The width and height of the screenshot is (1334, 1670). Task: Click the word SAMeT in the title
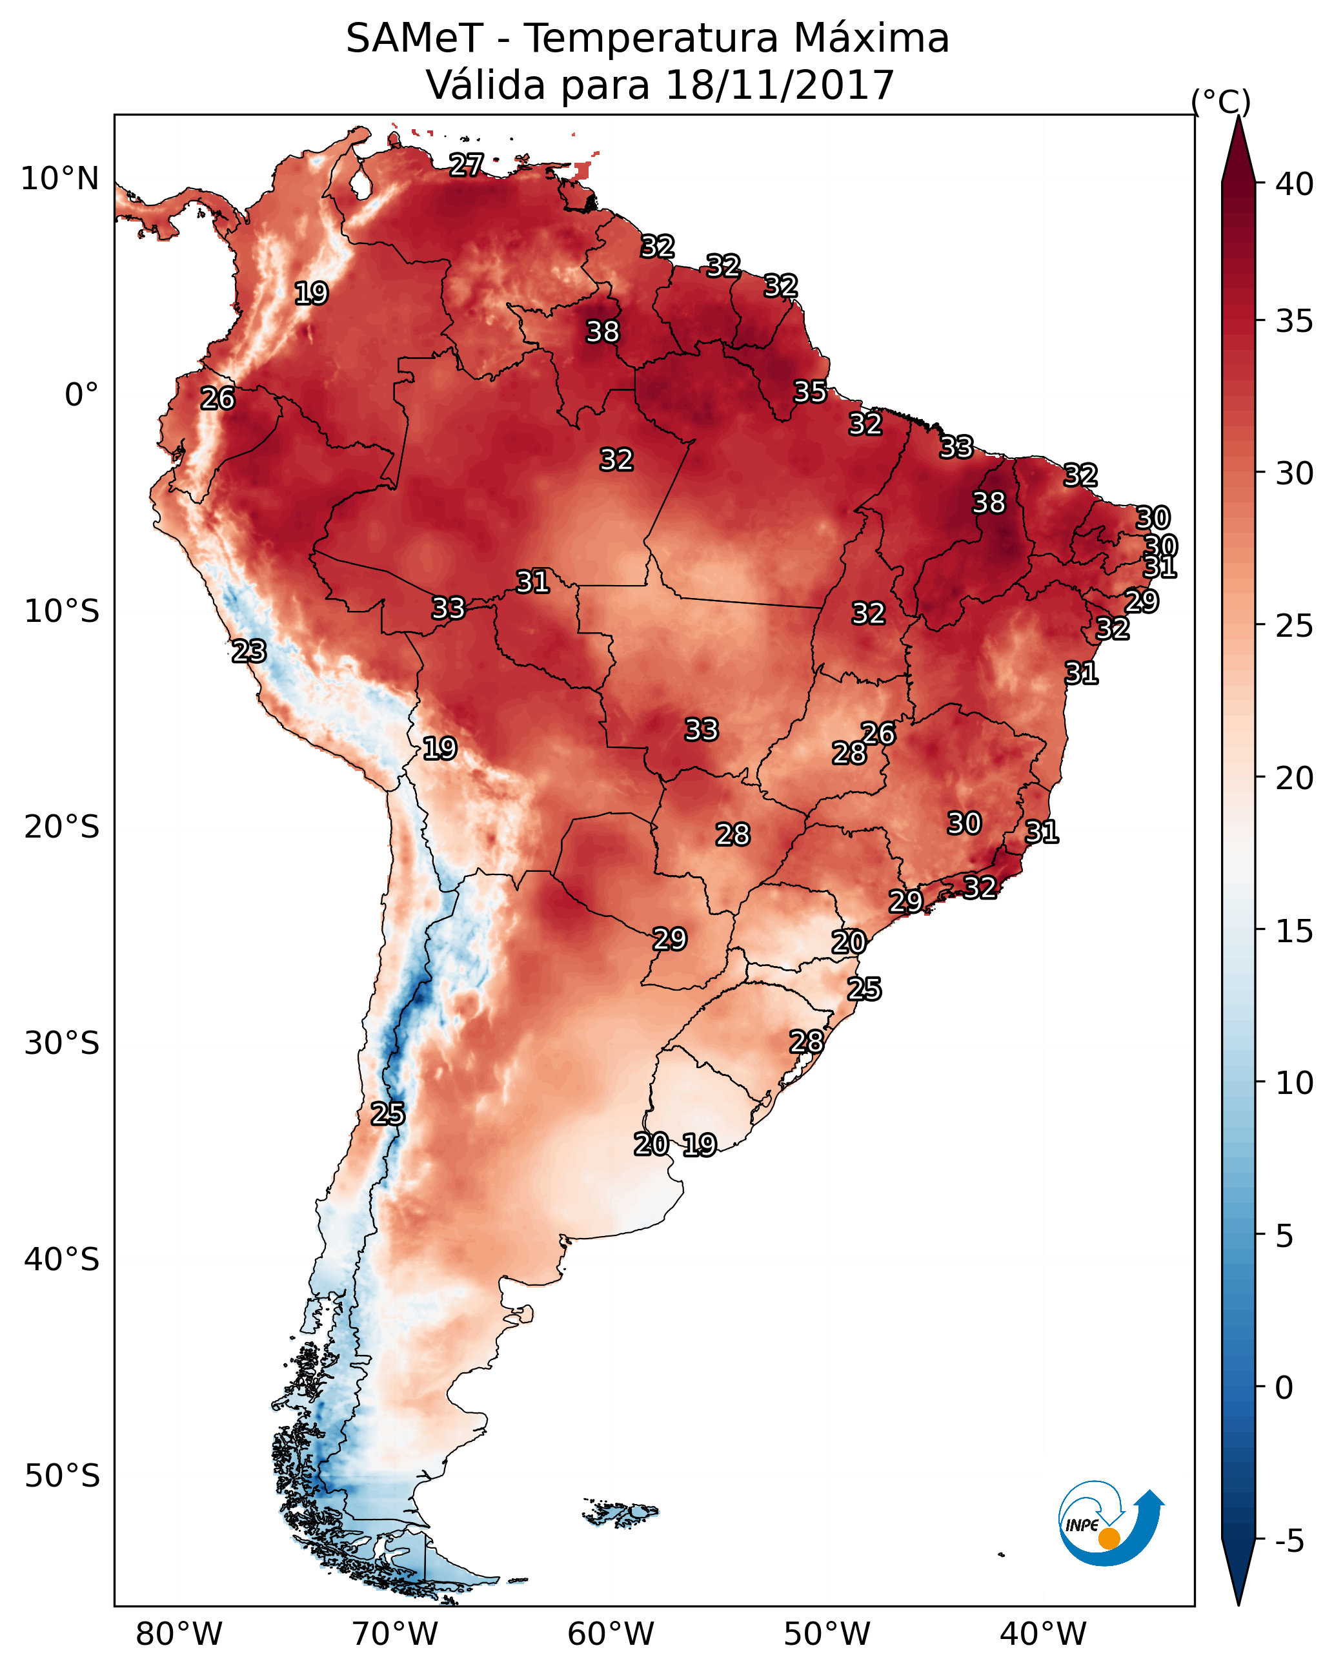click(x=414, y=39)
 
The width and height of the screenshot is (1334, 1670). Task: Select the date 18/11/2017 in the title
click(x=780, y=85)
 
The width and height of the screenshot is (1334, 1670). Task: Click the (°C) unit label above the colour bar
click(x=1220, y=101)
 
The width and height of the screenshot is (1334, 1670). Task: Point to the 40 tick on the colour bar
click(x=1295, y=184)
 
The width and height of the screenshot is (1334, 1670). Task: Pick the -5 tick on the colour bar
click(x=1289, y=1541)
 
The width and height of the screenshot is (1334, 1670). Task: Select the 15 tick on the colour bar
click(x=1295, y=931)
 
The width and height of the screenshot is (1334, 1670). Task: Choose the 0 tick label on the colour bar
click(x=1284, y=1388)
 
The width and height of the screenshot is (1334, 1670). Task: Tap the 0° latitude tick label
click(x=82, y=395)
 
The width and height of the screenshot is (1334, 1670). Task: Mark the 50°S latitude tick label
click(x=62, y=1476)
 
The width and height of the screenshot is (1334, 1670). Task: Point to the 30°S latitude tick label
click(x=62, y=1044)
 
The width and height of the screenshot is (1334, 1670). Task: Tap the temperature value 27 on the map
click(x=467, y=165)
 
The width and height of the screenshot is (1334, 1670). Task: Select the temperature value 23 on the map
click(x=249, y=652)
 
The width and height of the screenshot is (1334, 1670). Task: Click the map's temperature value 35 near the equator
click(x=810, y=392)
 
